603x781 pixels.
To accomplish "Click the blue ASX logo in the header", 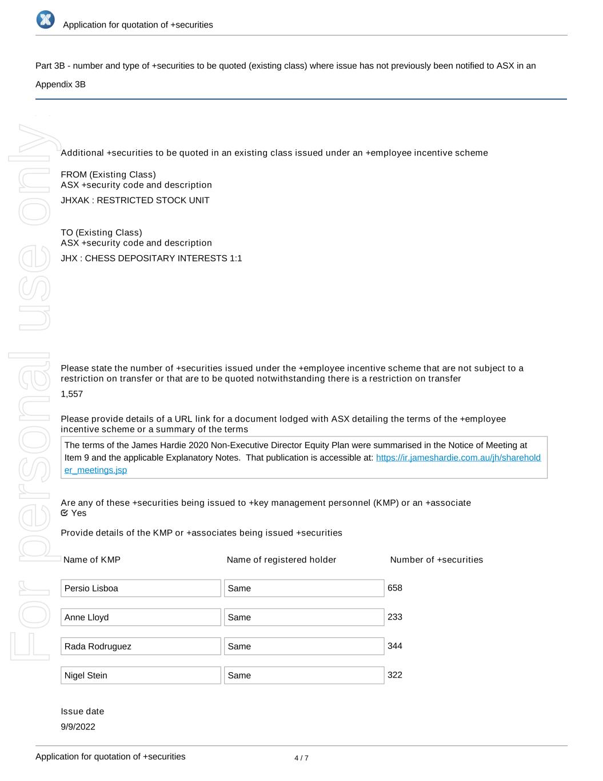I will tap(45, 19).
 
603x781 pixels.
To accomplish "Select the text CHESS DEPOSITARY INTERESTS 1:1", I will tap(163, 258).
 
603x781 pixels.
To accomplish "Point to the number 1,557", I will tap(72, 394).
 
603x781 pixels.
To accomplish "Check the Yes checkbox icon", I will tap(65, 513).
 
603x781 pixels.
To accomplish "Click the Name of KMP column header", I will tap(92, 560).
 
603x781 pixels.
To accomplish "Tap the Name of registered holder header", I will tap(281, 560).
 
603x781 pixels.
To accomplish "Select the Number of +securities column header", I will tap(436, 560).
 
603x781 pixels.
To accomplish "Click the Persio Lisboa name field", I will tap(141, 588).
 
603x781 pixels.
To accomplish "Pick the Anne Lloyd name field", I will tap(141, 617).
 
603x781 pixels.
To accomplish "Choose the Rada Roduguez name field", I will tap(141, 647).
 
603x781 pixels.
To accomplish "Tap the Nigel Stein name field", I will tap(141, 675).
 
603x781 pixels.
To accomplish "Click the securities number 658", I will tap(395, 588).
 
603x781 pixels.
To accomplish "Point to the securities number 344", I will tap(395, 646).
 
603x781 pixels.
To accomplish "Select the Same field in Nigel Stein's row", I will tap(304, 675).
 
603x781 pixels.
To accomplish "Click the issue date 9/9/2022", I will tap(78, 727).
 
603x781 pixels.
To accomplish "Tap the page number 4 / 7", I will tap(301, 758).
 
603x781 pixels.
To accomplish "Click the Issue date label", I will tap(82, 711).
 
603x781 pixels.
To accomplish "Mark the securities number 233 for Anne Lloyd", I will tap(395, 617).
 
